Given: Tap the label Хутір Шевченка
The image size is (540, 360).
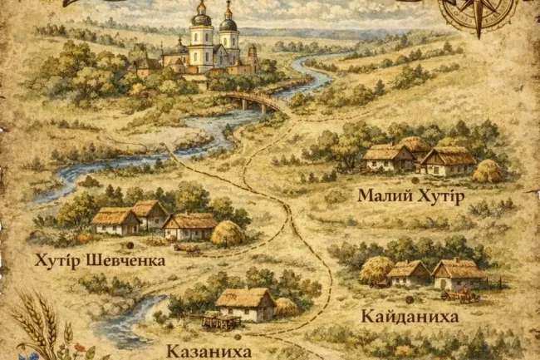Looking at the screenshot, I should (x=100, y=260).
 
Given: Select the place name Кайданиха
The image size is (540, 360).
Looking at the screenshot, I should (x=410, y=317).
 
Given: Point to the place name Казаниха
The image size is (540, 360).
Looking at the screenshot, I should (x=209, y=352).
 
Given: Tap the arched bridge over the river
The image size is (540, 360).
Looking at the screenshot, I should (x=253, y=101).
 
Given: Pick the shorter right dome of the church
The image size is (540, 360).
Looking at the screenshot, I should (x=228, y=23).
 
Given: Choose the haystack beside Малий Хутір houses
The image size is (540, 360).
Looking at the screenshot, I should (x=488, y=171).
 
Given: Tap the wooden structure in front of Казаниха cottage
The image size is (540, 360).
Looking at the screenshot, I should (x=220, y=319).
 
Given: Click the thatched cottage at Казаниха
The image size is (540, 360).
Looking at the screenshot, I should (x=245, y=303).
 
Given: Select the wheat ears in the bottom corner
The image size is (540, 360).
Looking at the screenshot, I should (x=37, y=328).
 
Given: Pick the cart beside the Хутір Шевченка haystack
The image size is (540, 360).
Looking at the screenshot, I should (x=186, y=248).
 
